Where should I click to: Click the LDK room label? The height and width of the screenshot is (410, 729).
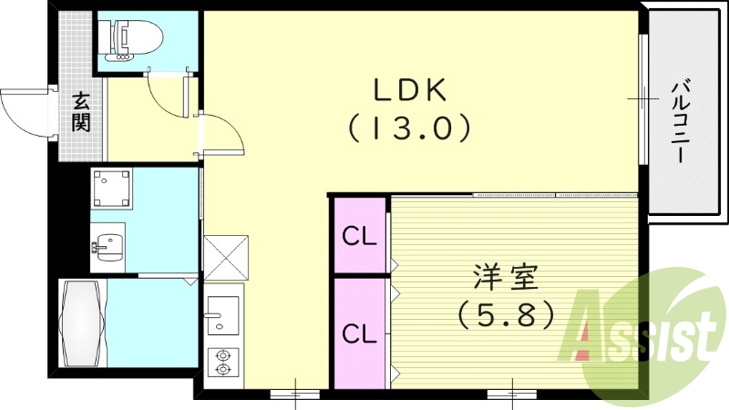408,90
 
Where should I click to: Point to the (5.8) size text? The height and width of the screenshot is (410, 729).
506,314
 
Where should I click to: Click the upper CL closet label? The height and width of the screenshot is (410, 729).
359,237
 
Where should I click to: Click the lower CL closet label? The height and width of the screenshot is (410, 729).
359,333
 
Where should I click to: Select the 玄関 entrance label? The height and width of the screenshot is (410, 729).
81,111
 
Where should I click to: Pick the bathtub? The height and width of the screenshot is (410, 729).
81,323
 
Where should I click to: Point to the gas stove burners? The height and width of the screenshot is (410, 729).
221,363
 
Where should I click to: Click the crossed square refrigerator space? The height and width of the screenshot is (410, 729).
225,258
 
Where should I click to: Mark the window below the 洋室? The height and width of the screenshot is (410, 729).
512,394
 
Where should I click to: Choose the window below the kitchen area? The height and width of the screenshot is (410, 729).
295,394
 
